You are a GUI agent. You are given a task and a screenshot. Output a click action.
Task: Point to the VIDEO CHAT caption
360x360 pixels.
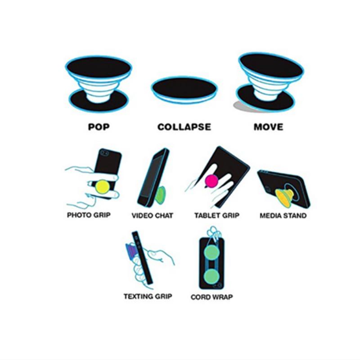pyautogui.click(x=152, y=216)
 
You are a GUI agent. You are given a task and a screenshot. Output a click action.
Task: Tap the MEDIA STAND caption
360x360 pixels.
pyautogui.click(x=283, y=216)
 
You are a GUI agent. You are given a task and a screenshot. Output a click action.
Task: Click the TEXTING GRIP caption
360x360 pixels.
pyautogui.click(x=148, y=297)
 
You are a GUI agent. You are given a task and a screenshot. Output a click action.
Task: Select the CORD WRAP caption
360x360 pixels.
pyautogui.click(x=211, y=297)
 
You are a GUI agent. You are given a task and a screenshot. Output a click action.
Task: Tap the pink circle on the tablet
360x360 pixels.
pyautogui.click(x=211, y=181)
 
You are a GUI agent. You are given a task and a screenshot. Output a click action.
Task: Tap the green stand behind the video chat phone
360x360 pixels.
pyautogui.click(x=161, y=196)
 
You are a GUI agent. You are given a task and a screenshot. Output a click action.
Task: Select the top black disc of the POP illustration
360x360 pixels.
pyautogui.click(x=99, y=67)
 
